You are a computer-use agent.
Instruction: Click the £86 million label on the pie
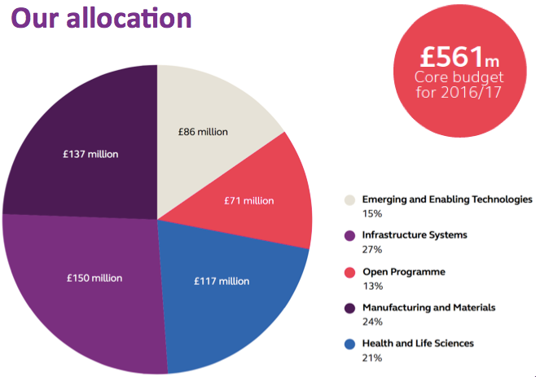(203, 131)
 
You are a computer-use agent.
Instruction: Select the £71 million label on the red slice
(248, 200)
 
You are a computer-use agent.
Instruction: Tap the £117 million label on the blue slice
(222, 281)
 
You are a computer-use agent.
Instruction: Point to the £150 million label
(94, 278)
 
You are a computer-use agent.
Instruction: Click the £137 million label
(90, 155)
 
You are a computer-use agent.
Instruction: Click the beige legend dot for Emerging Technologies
(349, 199)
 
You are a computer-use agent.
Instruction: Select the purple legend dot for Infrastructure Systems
(349, 235)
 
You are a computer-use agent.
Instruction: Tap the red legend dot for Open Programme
(349, 272)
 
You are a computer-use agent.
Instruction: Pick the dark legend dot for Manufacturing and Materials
(349, 308)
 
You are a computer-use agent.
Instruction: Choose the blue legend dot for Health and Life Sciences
(349, 344)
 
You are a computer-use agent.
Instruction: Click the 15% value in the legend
(371, 213)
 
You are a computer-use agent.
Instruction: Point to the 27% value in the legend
(371, 249)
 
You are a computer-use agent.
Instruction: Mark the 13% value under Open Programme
(371, 286)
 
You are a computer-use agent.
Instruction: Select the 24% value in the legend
(371, 322)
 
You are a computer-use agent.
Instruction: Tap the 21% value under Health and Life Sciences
(371, 357)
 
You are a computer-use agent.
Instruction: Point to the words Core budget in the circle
(459, 77)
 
